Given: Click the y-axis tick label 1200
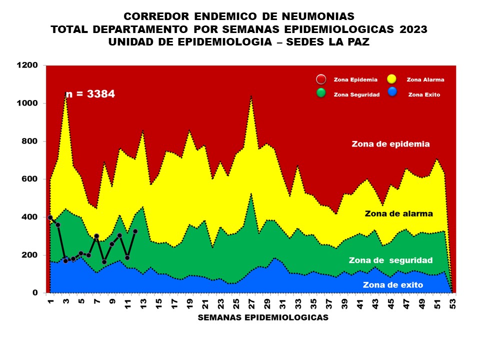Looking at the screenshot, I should click(26, 65).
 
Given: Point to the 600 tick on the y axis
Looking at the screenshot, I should click(29, 179).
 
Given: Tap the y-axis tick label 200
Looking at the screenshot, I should click(29, 255).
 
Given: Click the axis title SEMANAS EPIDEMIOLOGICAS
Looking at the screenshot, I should click(263, 317).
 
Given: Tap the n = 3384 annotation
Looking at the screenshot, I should click(90, 93).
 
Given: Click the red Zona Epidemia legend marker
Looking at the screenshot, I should click(321, 79).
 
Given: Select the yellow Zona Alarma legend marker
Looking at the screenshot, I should click(392, 79).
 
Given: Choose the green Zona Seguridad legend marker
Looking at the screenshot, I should click(321, 93).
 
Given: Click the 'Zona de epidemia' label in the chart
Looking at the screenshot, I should click(390, 144).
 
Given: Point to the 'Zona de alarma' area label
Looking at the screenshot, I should click(399, 213).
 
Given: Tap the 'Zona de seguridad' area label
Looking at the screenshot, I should click(390, 260).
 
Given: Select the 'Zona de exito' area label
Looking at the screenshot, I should click(393, 285).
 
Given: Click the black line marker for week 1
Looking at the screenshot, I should click(50, 217).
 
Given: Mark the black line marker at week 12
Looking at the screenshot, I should click(135, 231).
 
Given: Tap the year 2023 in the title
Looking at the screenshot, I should click(413, 29).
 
